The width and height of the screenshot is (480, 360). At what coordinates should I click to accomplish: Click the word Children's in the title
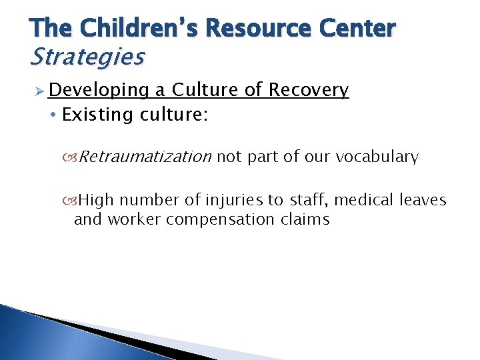pyautogui.click(x=137, y=29)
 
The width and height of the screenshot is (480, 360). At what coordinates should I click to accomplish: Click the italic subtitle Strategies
pyautogui.click(x=87, y=57)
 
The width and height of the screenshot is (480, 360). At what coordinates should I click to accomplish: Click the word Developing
pyautogui.click(x=99, y=91)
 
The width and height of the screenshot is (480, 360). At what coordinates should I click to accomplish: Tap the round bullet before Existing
pyautogui.click(x=54, y=115)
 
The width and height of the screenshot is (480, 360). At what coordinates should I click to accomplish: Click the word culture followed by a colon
pyautogui.click(x=174, y=115)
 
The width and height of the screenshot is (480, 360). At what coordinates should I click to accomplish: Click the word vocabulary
pyautogui.click(x=377, y=157)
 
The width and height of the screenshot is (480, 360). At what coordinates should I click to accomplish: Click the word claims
pyautogui.click(x=306, y=219)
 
